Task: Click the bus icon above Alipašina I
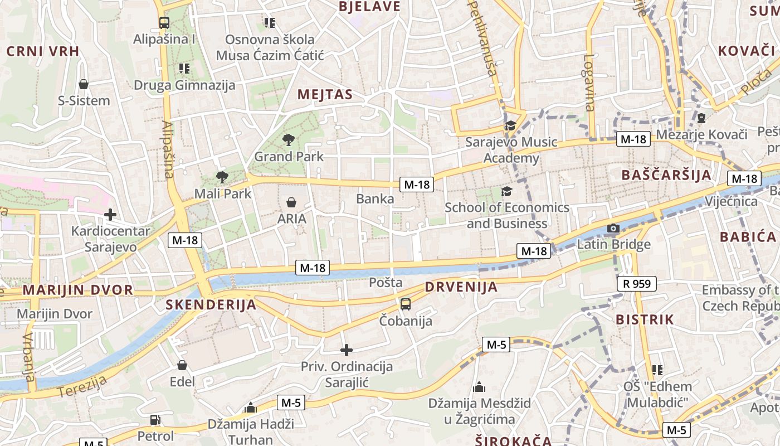pos(164,23)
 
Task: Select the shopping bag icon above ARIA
pos(291,202)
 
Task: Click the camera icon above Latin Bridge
pos(613,228)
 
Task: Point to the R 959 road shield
pos(637,284)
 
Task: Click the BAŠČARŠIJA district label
pos(666,175)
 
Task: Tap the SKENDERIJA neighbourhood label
pos(211,304)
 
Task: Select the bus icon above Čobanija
pos(406,304)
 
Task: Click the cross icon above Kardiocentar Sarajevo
pos(110,214)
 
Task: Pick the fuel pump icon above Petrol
pos(155,419)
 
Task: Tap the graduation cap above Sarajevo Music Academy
pos(510,125)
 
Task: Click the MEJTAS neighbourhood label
pos(325,94)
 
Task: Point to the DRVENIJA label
pos(461,287)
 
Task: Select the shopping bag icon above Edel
pos(182,365)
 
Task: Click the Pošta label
pos(386,283)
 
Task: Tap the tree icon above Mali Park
pos(222,177)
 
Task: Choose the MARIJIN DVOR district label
pos(78,290)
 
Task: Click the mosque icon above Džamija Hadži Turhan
pos(250,408)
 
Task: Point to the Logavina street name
pos(589,83)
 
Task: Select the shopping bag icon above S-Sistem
pos(84,84)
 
